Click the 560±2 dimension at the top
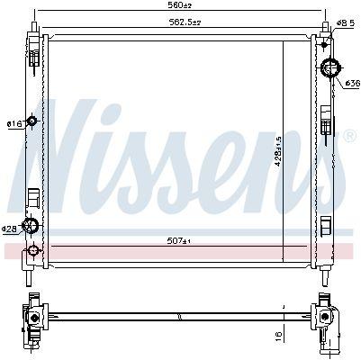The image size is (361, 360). (180, 5)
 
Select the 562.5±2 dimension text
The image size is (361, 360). (185, 22)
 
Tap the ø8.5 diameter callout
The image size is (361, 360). (346, 22)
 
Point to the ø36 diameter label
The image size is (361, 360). (352, 83)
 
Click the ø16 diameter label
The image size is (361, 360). (14, 123)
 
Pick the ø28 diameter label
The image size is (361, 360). (9, 229)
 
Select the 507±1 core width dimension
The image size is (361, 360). (179, 240)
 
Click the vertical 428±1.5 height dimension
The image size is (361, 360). (278, 151)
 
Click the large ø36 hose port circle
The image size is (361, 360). (330, 67)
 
